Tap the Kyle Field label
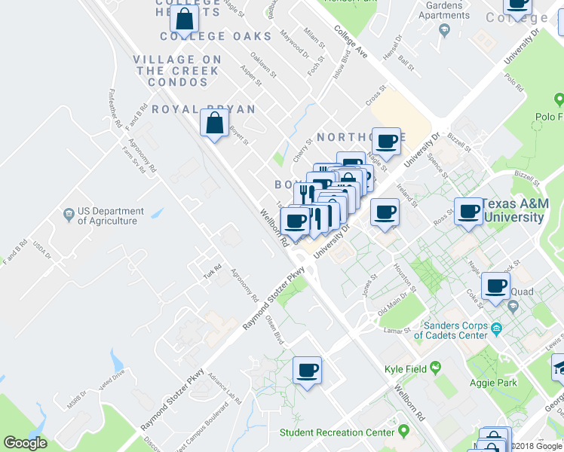[x=406, y=368]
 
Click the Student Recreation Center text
[x=337, y=432]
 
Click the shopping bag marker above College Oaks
[x=185, y=20]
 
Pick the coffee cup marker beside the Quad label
[x=495, y=286]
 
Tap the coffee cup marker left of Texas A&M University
[x=468, y=211]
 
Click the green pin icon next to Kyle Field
[x=435, y=368]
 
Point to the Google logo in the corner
[x=24, y=443]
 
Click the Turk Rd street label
[x=212, y=268]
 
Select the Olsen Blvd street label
[x=274, y=329]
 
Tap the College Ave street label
[x=351, y=44]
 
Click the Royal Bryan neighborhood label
[x=203, y=109]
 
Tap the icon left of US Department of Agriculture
[x=69, y=212]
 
